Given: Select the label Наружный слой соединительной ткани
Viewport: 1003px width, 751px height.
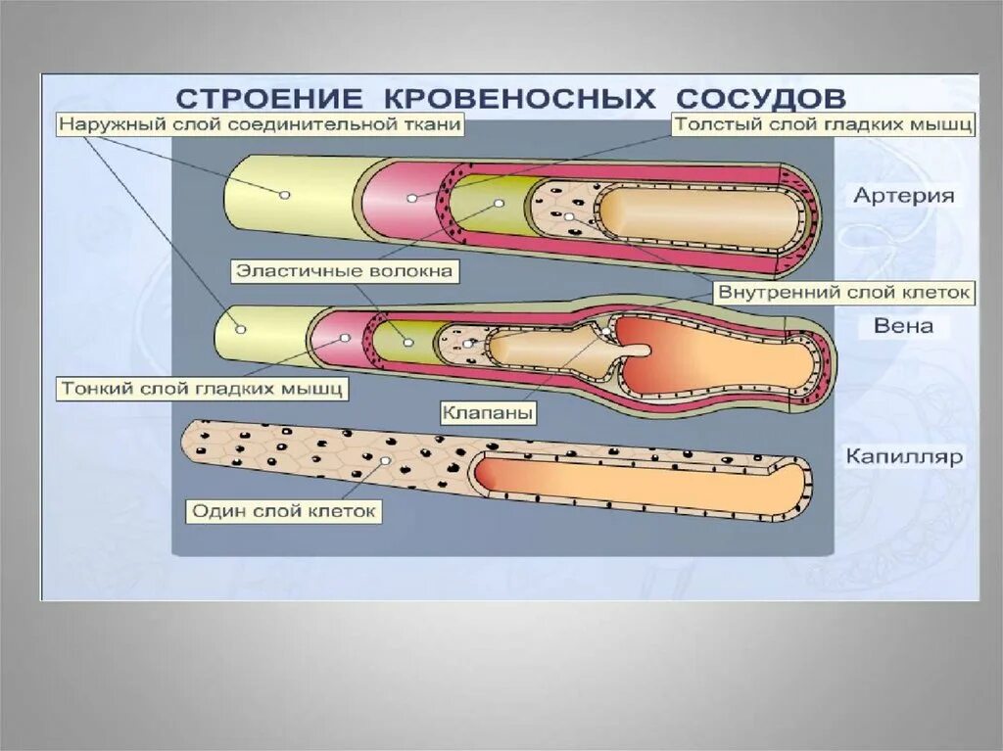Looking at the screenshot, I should tap(260, 125).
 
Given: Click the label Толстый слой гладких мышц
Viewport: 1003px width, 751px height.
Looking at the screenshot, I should tap(823, 125).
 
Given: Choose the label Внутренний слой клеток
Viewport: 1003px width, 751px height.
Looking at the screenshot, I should tap(844, 292).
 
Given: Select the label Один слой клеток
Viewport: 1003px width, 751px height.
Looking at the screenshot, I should tap(283, 511).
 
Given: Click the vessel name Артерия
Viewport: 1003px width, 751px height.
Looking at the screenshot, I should tap(903, 196).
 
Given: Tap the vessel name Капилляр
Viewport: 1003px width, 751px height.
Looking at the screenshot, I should tap(906, 456).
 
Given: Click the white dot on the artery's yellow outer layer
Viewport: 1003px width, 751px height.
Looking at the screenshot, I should tap(285, 195).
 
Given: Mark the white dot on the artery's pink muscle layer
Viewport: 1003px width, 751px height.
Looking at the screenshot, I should tap(411, 198).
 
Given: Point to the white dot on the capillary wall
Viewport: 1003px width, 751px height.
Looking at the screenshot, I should tap(388, 459).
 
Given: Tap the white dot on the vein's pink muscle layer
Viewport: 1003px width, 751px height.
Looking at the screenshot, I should tap(345, 338).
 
